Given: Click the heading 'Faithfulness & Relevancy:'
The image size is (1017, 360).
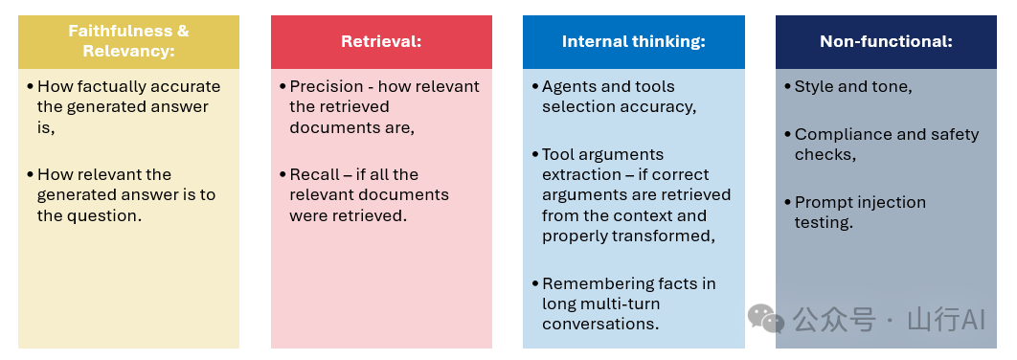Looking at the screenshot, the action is tap(128, 41).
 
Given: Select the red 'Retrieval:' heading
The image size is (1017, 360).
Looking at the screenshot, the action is tap(381, 41).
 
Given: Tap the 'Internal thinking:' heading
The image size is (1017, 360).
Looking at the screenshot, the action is tap(633, 41).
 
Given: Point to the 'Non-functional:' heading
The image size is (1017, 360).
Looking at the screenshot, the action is tap(886, 41).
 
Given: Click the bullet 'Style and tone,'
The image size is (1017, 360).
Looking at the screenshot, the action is tap(853, 87).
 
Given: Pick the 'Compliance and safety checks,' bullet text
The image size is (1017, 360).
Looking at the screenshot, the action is tap(887, 144).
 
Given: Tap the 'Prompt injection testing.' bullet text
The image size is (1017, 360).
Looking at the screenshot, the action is tap(860, 213).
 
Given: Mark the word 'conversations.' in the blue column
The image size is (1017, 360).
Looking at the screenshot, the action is tap(600, 324).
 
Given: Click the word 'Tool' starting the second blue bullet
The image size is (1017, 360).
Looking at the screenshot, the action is tap(556, 154).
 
